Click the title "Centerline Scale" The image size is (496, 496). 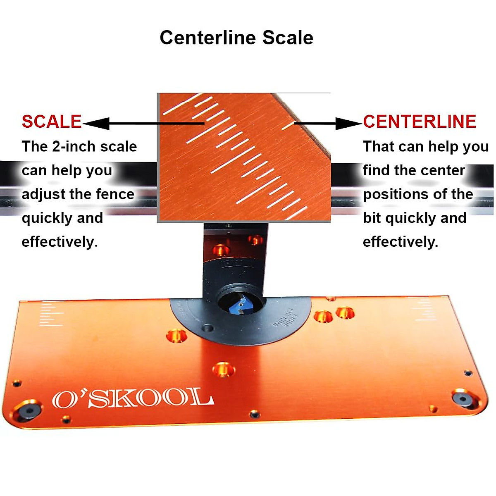point(236,38)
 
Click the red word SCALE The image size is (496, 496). point(52,122)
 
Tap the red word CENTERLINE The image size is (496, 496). point(420,122)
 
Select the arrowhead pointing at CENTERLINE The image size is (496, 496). point(348,123)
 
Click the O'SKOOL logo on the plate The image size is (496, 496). point(133,399)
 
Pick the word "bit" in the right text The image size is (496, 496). point(372,218)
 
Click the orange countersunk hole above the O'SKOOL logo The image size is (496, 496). point(223,369)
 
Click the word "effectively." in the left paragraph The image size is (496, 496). point(60,242)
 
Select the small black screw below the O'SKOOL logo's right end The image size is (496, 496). point(254,413)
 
